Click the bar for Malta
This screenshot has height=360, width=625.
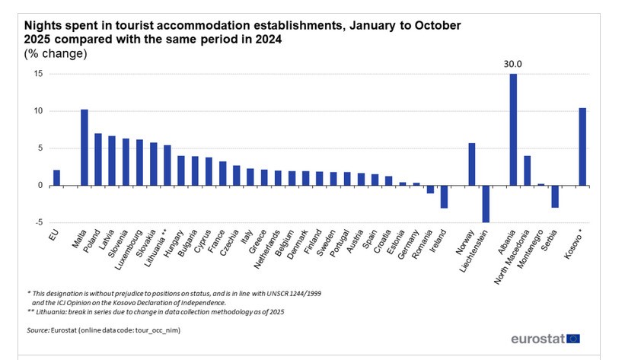click(84, 148)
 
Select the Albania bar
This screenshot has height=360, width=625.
click(513, 129)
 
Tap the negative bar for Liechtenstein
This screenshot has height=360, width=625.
click(486, 203)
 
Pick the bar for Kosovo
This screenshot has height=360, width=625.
click(582, 147)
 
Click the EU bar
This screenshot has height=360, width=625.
click(56, 177)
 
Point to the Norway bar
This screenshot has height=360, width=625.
click(472, 164)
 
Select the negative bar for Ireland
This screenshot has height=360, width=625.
click(444, 196)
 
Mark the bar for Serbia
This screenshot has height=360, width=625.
click(555, 196)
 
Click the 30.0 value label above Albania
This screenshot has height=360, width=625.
click(513, 65)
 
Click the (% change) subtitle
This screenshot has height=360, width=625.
click(56, 53)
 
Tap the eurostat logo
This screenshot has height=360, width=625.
click(545, 339)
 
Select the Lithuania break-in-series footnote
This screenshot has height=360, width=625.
click(152, 312)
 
